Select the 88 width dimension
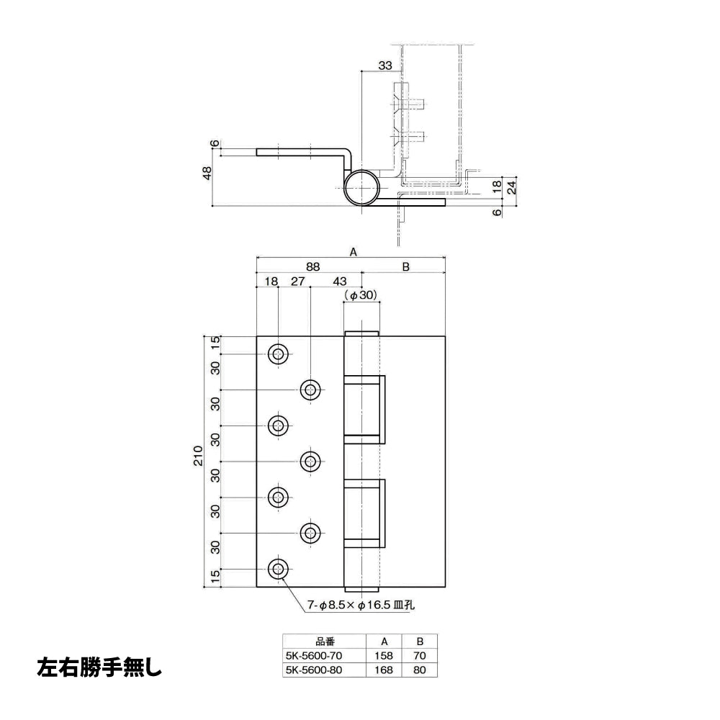(x=311, y=266)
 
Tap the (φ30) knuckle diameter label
(x=361, y=296)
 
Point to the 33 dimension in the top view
(x=384, y=66)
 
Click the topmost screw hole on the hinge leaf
(x=278, y=354)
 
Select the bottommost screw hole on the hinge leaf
(x=278, y=570)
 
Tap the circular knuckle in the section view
(x=361, y=187)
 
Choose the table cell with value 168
(x=384, y=670)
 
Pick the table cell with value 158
(x=384, y=657)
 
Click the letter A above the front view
(x=353, y=252)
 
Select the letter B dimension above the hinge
(x=405, y=266)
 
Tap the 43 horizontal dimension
(x=340, y=281)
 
